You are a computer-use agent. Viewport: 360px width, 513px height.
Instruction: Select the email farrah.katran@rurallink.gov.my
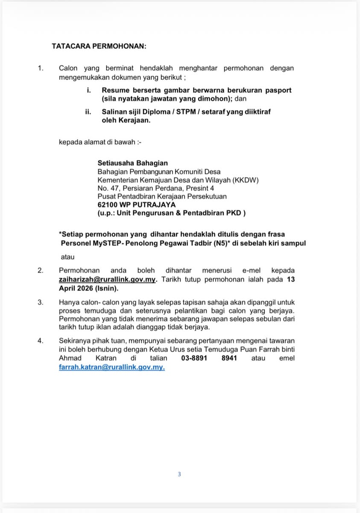111,367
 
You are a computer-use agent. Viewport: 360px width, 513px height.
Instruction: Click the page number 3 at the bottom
179,474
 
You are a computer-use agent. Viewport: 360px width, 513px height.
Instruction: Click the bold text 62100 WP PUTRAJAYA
134,205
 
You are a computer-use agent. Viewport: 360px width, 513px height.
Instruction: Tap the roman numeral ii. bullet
88,112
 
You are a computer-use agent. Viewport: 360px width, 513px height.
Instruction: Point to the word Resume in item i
114,90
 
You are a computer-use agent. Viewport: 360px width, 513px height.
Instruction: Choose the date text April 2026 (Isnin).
88,289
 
